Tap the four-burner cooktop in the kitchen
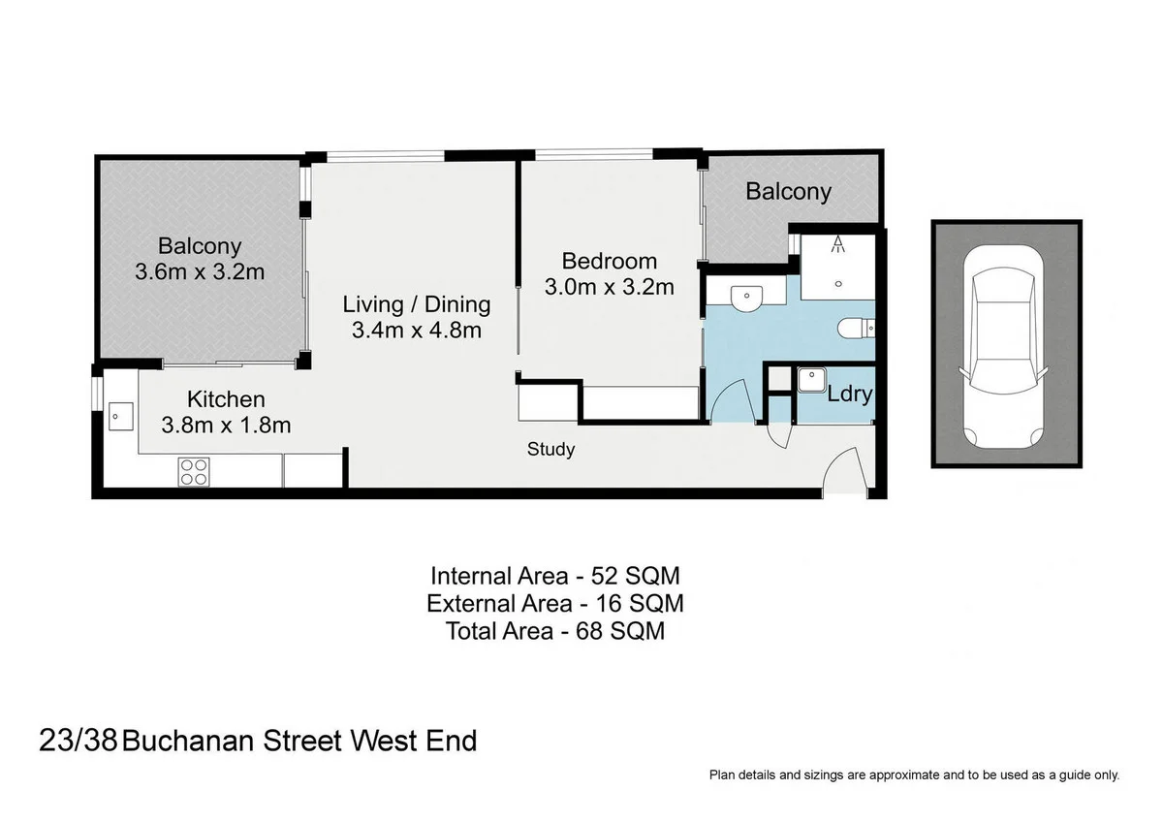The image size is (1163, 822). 193,471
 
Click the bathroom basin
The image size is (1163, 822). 746,300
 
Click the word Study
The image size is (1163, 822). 550,450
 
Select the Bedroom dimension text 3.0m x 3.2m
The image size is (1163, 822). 609,287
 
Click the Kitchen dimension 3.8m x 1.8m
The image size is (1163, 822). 226,425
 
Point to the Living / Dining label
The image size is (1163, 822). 417,304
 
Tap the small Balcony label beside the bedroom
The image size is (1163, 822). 788,192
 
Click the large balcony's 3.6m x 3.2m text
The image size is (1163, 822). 200,272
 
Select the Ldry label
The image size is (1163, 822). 850,395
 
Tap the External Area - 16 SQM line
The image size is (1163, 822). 555,604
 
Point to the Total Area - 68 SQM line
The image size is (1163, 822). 555,632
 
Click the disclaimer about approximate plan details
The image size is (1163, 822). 914,775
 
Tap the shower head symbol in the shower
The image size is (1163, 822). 834,244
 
